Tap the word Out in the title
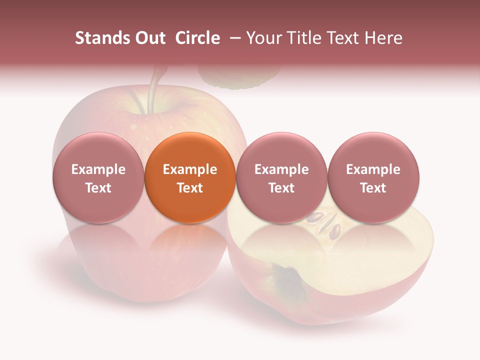pos(148,38)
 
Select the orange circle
pos(189,177)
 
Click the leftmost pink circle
pos(98,177)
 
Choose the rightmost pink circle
pos(373,177)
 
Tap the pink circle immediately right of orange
pos(281,177)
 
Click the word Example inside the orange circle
pos(189,169)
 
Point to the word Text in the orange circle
pos(189,188)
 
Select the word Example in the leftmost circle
pos(98,169)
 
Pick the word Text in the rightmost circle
pos(373,188)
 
